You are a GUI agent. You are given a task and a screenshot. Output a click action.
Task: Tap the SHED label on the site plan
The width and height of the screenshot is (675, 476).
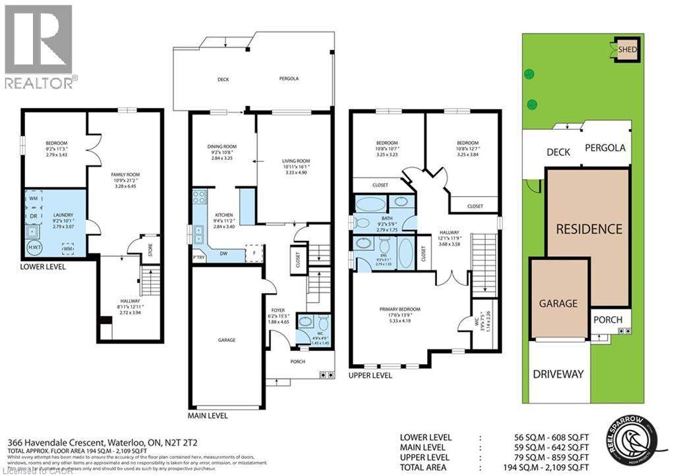tap(628, 49)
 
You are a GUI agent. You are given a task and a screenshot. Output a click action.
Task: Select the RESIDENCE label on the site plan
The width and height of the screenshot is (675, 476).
tap(589, 229)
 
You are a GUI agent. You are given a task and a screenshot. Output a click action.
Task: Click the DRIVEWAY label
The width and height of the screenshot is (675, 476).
tap(558, 374)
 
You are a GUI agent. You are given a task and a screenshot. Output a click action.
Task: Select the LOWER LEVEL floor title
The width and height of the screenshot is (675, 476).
tap(46, 267)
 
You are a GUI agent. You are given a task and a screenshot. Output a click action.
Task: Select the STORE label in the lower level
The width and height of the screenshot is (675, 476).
tap(151, 249)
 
